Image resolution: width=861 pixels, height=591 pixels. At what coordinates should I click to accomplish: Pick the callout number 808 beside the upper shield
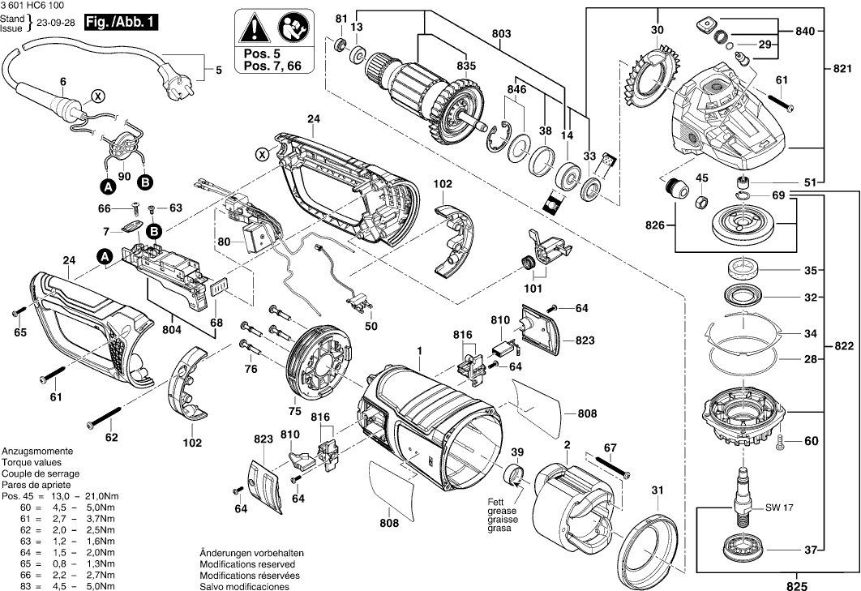click(588, 414)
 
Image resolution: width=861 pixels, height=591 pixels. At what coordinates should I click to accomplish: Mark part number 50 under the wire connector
click(371, 326)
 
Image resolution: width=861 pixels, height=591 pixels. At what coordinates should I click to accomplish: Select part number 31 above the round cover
click(657, 490)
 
